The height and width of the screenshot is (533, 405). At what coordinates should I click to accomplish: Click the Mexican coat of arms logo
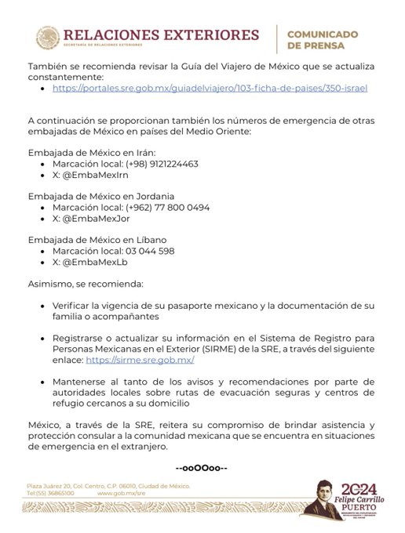click(x=47, y=37)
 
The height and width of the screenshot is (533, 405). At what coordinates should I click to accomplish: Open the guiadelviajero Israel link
click(x=210, y=89)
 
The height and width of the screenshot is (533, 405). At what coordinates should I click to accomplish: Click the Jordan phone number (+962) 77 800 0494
click(x=160, y=208)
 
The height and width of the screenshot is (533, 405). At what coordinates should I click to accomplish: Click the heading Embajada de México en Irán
click(x=92, y=151)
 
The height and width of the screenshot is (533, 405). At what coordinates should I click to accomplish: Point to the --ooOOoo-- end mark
click(x=202, y=468)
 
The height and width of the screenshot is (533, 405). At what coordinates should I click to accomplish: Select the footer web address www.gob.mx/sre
click(x=122, y=494)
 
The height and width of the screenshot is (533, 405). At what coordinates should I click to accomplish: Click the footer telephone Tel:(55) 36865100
click(x=50, y=494)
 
